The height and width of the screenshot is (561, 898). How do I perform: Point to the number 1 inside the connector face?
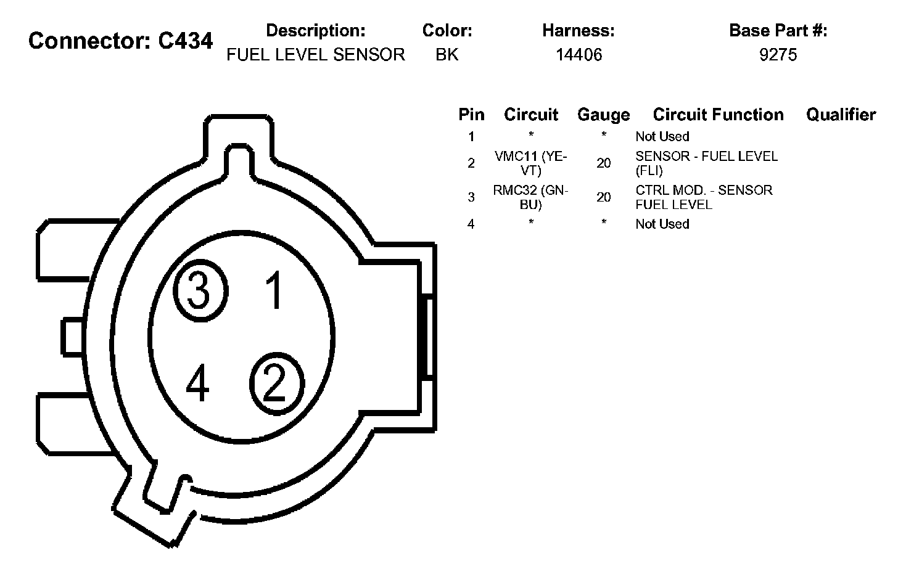(274, 289)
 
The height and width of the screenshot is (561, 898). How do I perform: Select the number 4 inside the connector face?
(197, 382)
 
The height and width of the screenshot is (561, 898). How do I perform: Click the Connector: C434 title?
(120, 41)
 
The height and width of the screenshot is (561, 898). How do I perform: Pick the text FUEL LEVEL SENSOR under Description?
(316, 54)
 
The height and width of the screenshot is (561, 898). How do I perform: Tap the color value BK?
(447, 54)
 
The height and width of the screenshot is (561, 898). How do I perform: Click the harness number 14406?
(579, 54)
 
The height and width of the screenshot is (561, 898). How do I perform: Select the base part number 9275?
(778, 54)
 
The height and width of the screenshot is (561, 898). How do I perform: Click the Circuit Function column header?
(718, 115)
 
